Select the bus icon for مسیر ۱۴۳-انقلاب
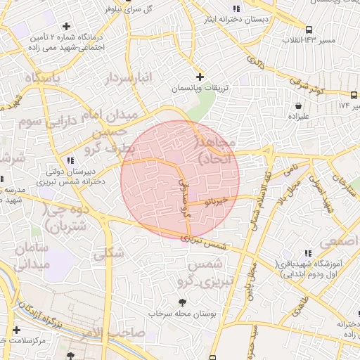point(289,30)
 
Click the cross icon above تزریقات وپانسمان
point(200,76)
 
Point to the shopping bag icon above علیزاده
point(298,105)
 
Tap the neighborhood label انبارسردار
point(128,79)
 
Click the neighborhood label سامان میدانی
point(30,257)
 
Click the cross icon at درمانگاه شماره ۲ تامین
point(67,26)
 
